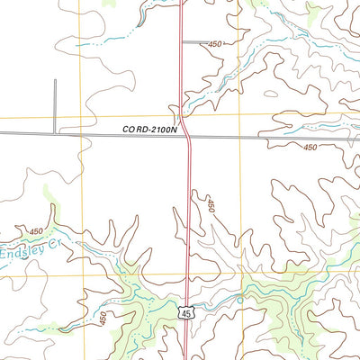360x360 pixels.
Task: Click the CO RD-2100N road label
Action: [152, 130]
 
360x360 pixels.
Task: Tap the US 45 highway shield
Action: [185, 311]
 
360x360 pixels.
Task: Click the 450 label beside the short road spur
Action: [214, 44]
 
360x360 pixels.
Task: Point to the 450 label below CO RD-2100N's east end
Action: [311, 147]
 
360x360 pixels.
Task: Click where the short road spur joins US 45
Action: [183, 41]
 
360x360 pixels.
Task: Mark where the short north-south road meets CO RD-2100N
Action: [55, 133]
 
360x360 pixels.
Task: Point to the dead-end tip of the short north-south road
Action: [55, 81]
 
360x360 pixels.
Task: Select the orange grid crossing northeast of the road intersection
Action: [240, 116]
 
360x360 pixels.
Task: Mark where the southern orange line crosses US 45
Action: [187, 274]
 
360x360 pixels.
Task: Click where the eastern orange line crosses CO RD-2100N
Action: [240, 138]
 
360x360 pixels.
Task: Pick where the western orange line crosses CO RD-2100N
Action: [79, 133]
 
